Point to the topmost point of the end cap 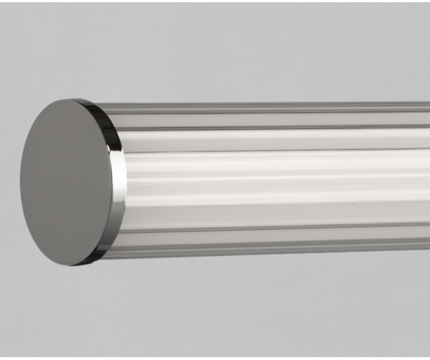pos(78,100)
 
